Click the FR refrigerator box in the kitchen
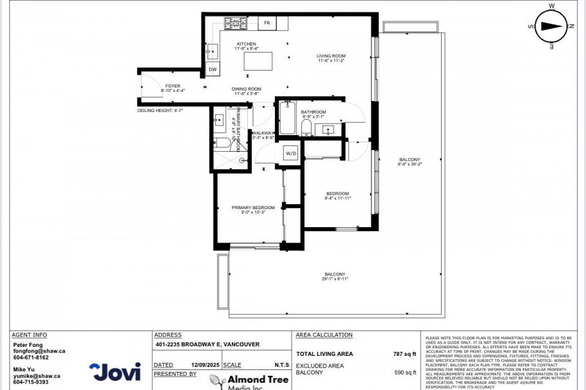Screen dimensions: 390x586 [267, 23]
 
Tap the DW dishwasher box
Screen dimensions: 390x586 [213, 70]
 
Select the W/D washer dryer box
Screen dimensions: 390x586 [291, 154]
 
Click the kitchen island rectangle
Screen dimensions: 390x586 [258, 62]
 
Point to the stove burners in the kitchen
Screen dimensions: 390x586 [235, 23]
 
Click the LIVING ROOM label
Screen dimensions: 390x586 [331, 58]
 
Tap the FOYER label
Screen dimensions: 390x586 [173, 88]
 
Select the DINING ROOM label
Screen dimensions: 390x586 [246, 91]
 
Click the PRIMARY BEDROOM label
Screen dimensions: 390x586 [253, 209]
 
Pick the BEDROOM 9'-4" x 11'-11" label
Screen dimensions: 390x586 [337, 196]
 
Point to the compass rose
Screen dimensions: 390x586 [552, 26]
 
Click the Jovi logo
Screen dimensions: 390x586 [115, 371]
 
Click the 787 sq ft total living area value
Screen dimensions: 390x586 [405, 353]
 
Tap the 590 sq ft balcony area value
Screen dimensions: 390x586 [405, 372]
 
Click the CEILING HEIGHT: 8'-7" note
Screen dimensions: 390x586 [160, 110]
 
